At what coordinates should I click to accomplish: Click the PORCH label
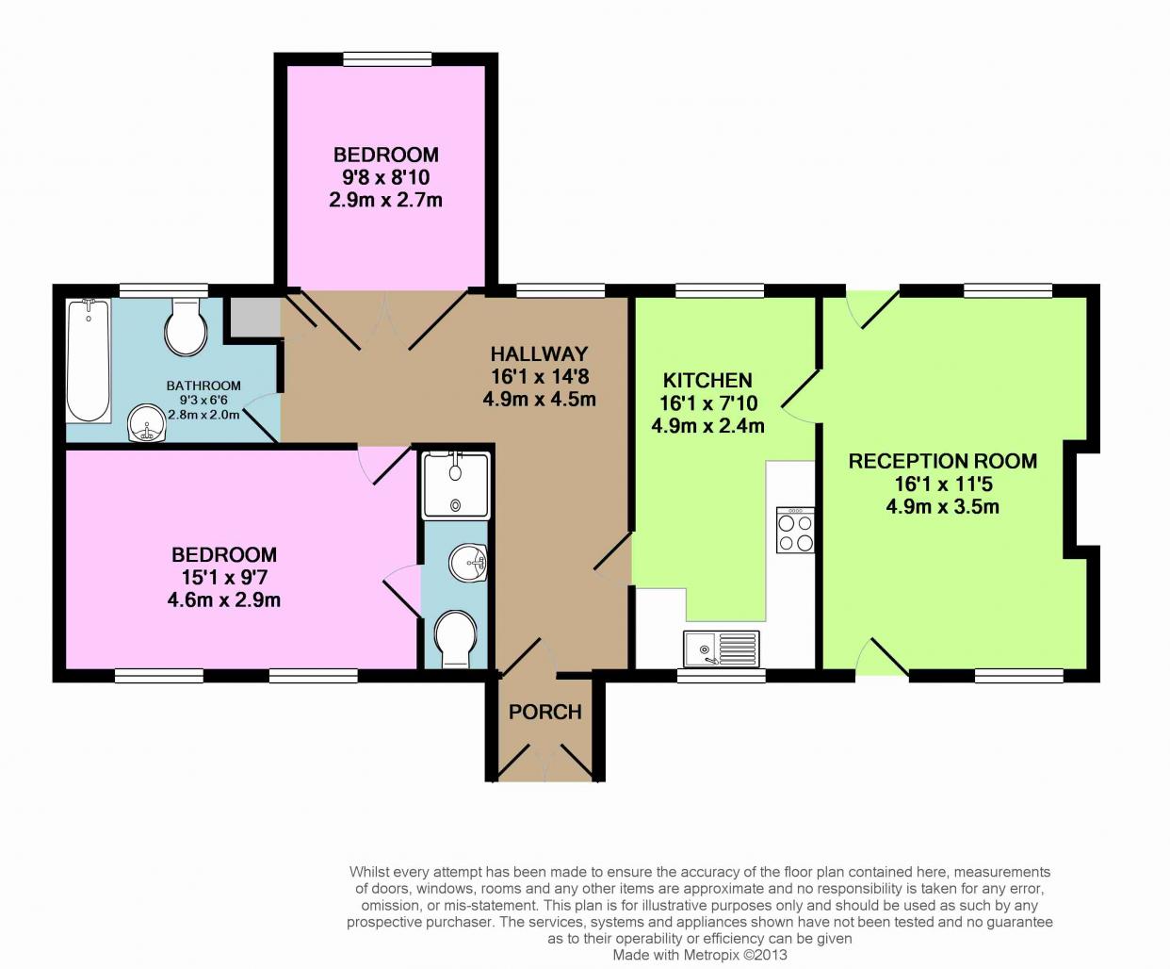545,713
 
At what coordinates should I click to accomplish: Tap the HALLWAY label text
539,353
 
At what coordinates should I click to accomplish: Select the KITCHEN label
707,380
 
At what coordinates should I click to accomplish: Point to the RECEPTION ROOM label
942,461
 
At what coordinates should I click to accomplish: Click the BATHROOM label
203,386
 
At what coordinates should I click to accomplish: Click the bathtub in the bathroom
89,361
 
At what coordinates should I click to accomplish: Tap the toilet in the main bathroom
186,326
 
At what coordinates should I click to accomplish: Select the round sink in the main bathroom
147,424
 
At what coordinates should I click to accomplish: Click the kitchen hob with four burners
795,530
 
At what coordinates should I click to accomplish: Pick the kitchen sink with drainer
722,649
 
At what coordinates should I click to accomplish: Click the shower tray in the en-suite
456,484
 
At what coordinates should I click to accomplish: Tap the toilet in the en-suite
456,639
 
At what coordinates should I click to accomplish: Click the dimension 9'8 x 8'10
386,177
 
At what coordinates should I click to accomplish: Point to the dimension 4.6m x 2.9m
224,600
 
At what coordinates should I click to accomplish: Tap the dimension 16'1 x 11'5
943,484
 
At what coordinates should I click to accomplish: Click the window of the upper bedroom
388,58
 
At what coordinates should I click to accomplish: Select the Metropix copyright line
700,955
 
